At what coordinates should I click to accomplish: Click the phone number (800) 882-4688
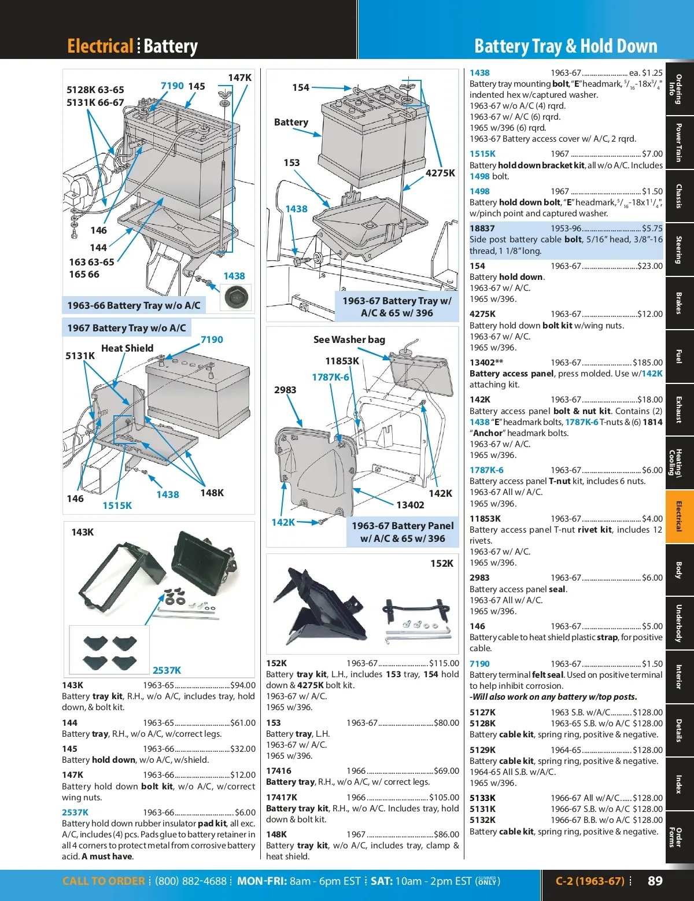point(191,881)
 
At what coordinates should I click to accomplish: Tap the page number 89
point(655,881)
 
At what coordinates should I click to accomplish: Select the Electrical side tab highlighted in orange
point(679,516)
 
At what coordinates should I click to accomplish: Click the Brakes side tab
point(679,302)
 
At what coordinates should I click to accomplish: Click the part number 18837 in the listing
point(482,228)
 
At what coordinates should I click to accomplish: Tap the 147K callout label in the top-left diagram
point(239,77)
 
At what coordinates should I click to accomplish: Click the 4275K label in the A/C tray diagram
point(440,173)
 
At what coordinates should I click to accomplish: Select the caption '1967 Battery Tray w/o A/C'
point(127,328)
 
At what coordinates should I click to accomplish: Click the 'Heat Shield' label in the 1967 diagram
point(127,348)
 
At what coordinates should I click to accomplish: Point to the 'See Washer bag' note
point(349,339)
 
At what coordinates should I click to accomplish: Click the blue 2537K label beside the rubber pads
point(167,670)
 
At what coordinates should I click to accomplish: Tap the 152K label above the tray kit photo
point(442,563)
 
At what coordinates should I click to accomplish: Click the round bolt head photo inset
point(237,297)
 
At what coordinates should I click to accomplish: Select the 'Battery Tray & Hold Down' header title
point(566,46)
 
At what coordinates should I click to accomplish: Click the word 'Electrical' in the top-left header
point(100,46)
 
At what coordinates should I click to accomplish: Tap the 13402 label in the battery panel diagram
point(410,505)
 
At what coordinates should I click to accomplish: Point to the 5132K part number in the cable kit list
point(482,820)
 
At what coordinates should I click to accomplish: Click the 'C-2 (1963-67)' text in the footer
point(590,881)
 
